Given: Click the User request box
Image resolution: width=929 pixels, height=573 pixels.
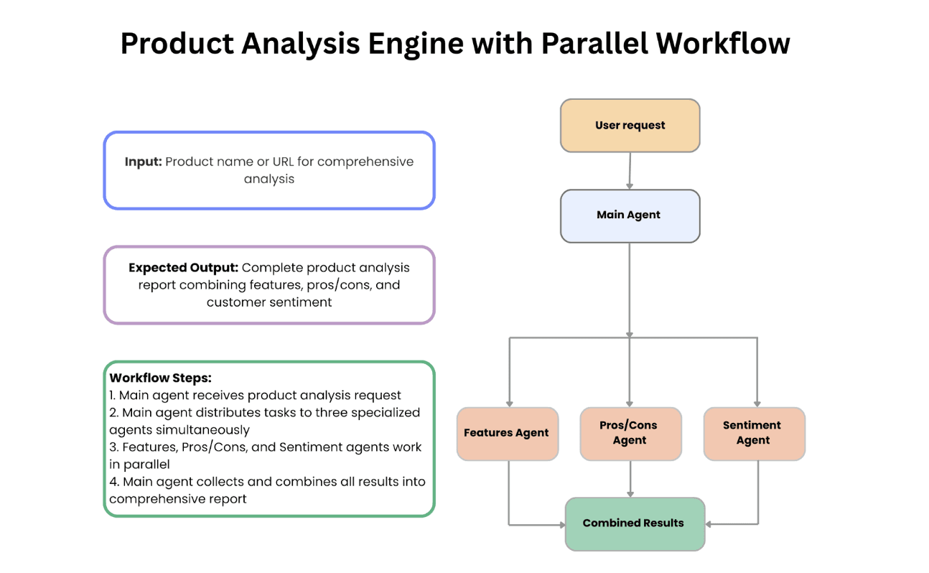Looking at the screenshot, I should (x=630, y=126).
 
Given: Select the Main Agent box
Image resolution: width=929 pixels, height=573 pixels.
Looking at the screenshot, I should (x=630, y=215).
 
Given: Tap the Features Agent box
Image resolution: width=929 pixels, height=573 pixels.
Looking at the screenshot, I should (x=507, y=433).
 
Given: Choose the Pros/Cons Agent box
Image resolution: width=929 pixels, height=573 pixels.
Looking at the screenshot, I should (x=630, y=433).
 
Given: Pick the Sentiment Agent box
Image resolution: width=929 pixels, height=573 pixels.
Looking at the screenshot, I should (x=753, y=433).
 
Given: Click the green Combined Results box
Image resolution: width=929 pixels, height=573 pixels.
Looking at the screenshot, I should (x=634, y=523).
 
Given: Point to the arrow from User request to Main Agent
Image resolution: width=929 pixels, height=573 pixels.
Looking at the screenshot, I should (x=630, y=171).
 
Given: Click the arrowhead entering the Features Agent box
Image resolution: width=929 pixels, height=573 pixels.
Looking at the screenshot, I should (x=510, y=403).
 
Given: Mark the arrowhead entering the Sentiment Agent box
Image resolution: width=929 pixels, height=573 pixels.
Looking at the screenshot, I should (x=757, y=403).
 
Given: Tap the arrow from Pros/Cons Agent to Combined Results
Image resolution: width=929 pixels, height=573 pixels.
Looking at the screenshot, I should (x=630, y=478).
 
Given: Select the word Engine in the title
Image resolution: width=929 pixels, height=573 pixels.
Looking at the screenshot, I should (x=416, y=44).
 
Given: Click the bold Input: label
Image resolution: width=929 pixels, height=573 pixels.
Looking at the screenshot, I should (x=143, y=162).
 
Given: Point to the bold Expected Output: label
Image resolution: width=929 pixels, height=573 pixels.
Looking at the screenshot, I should (x=183, y=268).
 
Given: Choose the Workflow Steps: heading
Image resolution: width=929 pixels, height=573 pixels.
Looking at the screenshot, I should (x=160, y=378).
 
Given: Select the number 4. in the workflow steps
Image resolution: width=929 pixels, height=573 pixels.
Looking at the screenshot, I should (x=114, y=482).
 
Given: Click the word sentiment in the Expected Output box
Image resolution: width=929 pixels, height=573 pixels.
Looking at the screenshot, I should (x=302, y=302).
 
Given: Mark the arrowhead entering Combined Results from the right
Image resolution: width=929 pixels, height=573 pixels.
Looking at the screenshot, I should (x=709, y=524).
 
